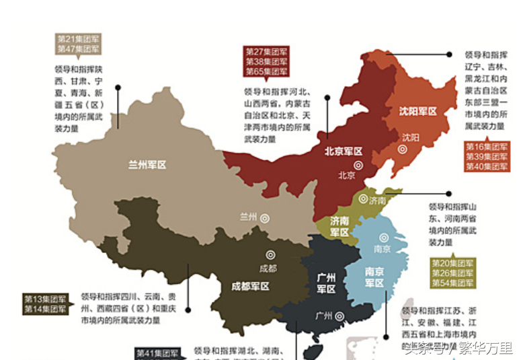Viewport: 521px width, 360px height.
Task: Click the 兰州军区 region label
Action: pos(147,164)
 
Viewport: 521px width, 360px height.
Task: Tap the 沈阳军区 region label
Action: pos(417,111)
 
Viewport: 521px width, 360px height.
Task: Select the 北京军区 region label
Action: pos(344,151)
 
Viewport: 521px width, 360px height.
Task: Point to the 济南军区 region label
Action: pos(339,226)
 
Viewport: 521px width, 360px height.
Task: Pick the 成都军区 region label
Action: pos(250,286)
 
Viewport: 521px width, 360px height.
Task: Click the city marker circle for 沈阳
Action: pos(402,149)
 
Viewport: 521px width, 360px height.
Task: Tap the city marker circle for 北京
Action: pos(358,164)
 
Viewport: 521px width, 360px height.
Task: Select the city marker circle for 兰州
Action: pos(265,217)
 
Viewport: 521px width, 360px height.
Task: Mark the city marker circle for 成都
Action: pos(270,254)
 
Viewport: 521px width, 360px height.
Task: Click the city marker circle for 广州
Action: pos(342,315)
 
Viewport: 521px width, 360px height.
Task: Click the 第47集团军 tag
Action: pos(78,49)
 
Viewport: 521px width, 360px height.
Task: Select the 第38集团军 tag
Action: pos(266,61)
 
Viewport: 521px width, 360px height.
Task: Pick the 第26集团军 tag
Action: pos(452,273)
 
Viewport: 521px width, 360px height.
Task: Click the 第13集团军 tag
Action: pos(45,299)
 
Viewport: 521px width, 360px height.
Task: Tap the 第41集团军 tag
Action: pos(157,353)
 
